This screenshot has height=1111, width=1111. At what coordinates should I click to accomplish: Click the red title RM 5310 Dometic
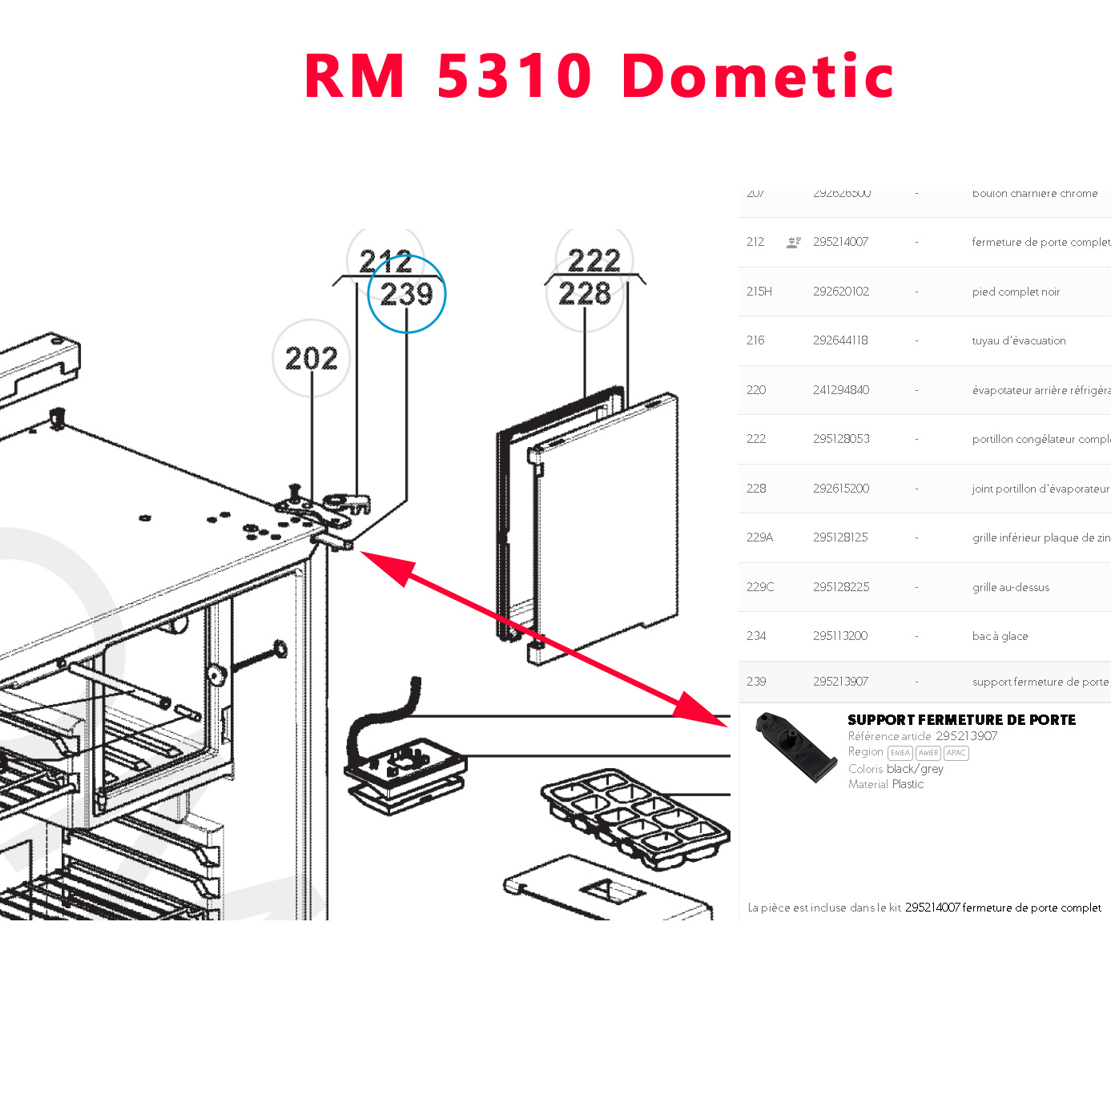click(x=598, y=76)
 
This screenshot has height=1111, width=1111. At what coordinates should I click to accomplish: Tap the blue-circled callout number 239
click(x=406, y=294)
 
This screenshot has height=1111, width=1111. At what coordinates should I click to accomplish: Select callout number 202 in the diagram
click(x=312, y=358)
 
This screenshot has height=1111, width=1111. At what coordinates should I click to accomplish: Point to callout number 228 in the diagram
click(x=585, y=293)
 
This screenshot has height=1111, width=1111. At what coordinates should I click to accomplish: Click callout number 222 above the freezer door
click(x=594, y=260)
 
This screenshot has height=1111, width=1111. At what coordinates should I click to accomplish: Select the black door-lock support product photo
click(x=795, y=747)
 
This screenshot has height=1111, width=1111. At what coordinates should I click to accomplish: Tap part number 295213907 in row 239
click(x=840, y=682)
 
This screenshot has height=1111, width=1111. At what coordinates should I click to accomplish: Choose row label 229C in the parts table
click(x=759, y=587)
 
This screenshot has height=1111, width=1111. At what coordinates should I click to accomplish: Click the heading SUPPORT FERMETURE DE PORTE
click(x=961, y=720)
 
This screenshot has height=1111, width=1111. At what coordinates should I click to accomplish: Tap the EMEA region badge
click(x=900, y=753)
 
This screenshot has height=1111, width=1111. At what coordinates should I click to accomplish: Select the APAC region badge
click(x=956, y=753)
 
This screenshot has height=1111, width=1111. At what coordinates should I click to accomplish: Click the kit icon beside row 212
click(x=793, y=242)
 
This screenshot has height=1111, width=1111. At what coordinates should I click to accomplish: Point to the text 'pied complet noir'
click(x=1016, y=292)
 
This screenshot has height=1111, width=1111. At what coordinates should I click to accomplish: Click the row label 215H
click(x=759, y=292)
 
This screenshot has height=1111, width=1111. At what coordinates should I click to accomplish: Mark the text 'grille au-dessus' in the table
click(x=1010, y=587)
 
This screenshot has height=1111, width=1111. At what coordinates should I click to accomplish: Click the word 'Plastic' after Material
click(x=908, y=784)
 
